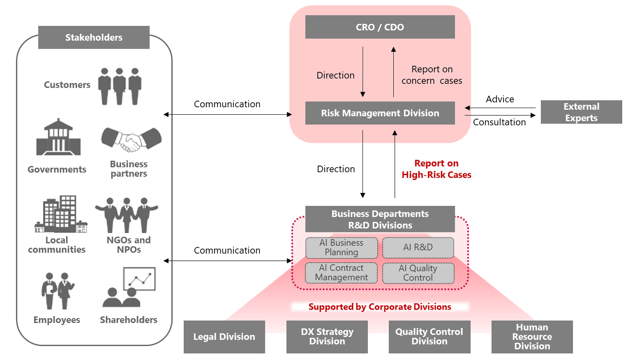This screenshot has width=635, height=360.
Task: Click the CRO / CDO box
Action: tap(380, 28)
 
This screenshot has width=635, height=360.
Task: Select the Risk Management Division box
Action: tap(380, 113)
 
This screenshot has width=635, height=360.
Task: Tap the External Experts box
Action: tap(581, 112)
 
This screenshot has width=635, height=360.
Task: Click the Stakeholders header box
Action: tap(94, 37)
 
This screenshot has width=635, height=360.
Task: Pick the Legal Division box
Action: tap(224, 337)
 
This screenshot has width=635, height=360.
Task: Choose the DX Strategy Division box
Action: tap(327, 337)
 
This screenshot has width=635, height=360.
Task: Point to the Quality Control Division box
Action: tap(429, 337)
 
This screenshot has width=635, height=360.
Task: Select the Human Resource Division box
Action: tap(532, 337)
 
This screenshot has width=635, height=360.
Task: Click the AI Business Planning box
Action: tap(341, 247)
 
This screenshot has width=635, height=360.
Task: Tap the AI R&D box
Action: tap(418, 247)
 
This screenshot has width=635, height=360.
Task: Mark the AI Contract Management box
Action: tap(341, 273)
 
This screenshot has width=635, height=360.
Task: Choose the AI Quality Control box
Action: tap(418, 273)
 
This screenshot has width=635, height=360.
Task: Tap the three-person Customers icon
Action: tap(119, 86)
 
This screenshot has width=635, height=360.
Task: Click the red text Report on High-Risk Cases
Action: tap(436, 169)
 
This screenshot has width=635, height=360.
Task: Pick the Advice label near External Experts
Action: tap(500, 99)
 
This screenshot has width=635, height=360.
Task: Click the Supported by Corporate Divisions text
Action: tap(380, 307)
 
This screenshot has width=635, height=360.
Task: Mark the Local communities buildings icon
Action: tap(61, 214)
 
